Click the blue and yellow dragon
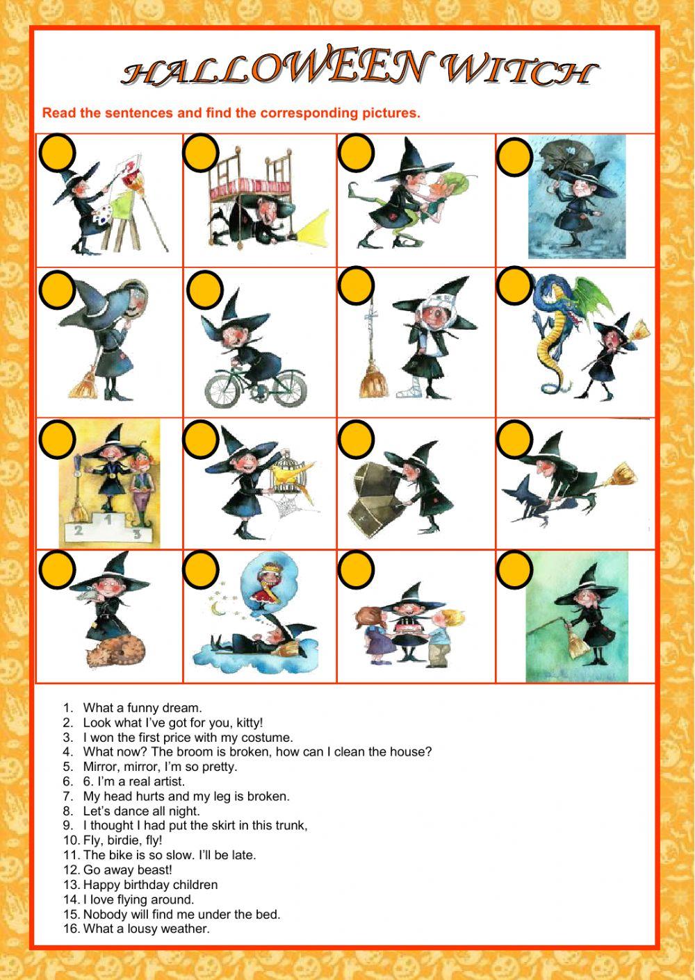point(557,331)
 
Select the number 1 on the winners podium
point(107,520)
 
